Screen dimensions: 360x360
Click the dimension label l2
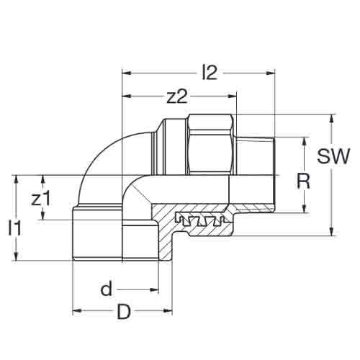[x=210, y=73]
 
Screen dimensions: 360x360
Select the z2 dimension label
[x=177, y=97]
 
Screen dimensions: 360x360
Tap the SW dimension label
[x=333, y=156]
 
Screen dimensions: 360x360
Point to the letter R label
[x=303, y=181]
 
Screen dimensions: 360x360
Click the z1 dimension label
[x=41, y=199]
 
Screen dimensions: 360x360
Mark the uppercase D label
[x=124, y=312]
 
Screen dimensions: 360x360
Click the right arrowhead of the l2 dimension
[x=271, y=73]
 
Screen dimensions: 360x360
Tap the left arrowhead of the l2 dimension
[x=126, y=73]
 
